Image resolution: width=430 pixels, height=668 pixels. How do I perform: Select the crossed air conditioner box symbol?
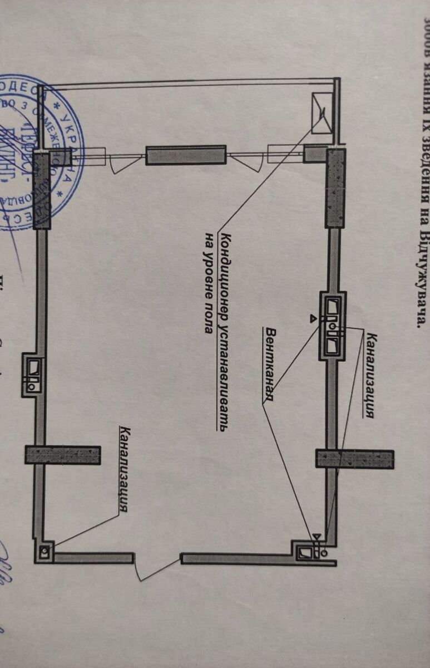pos(322,113)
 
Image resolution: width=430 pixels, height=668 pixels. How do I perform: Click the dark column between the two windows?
pos(185,155)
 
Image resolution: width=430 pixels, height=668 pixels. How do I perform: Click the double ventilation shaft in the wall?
pos(334,325)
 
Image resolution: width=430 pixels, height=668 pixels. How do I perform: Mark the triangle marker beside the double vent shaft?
pos(313,318)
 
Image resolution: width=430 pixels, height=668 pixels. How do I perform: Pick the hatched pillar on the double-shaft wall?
pos(354,459)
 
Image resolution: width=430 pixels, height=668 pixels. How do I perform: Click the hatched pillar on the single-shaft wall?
pos(63,455)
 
